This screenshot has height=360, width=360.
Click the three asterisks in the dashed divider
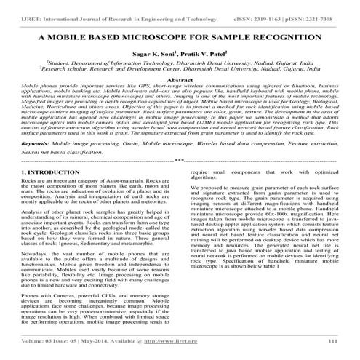[x=180, y=164]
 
